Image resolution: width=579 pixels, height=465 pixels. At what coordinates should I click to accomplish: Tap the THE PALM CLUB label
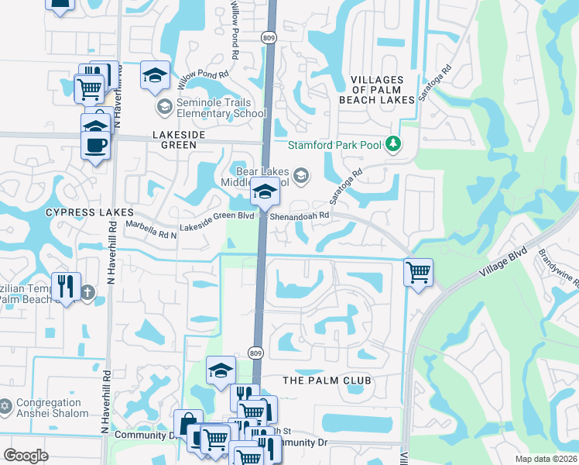(x=327, y=381)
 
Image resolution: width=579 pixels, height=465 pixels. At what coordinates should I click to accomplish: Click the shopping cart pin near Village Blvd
(x=418, y=272)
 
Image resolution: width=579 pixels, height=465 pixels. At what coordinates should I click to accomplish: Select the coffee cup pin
(x=95, y=144)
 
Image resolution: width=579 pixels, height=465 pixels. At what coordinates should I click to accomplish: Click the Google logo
(x=26, y=456)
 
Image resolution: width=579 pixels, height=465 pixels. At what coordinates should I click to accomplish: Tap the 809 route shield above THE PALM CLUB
(x=256, y=353)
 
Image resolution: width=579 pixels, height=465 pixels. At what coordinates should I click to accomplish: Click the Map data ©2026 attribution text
(x=546, y=459)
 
